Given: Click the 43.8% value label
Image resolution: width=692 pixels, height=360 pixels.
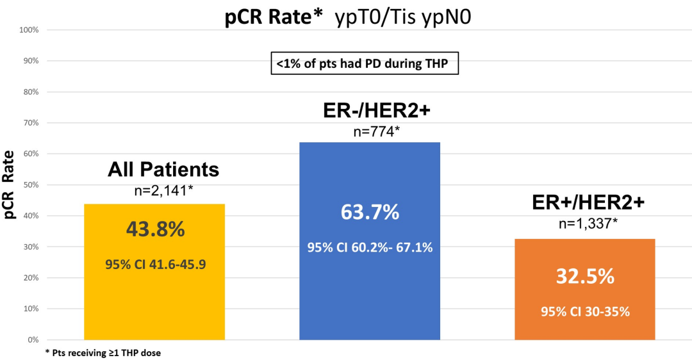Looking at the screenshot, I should (154, 229).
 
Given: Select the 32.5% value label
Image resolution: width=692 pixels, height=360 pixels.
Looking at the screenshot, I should (584, 277).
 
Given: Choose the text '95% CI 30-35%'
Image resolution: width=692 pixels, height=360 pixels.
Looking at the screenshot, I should (584, 311).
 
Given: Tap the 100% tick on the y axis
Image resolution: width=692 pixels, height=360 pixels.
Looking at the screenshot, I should (29, 30).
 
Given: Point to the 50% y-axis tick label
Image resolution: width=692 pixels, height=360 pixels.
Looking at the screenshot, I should (31, 184).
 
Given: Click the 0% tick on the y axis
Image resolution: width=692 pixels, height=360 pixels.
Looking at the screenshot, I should (34, 340).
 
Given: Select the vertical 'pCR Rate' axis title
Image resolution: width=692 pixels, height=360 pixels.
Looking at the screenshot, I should (10, 185).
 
